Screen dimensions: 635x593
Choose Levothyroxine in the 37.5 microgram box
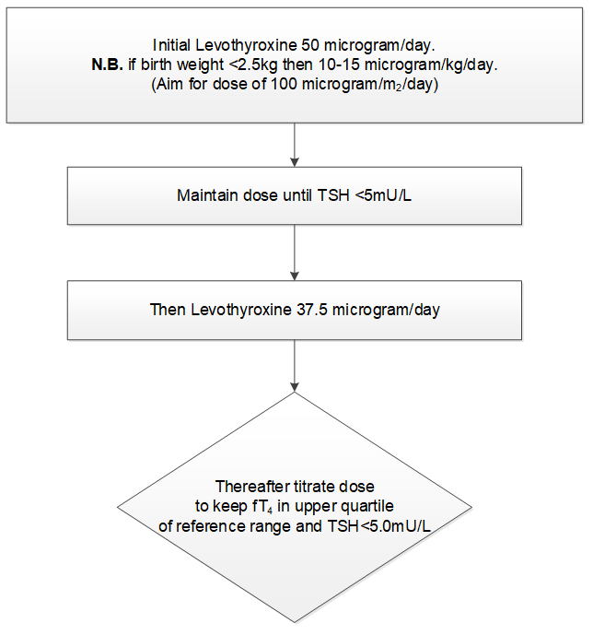pyautogui.click(x=236, y=309)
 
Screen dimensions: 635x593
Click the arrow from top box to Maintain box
pyautogui.click(x=294, y=146)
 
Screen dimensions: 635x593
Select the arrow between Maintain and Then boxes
pyautogui.click(x=294, y=253)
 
